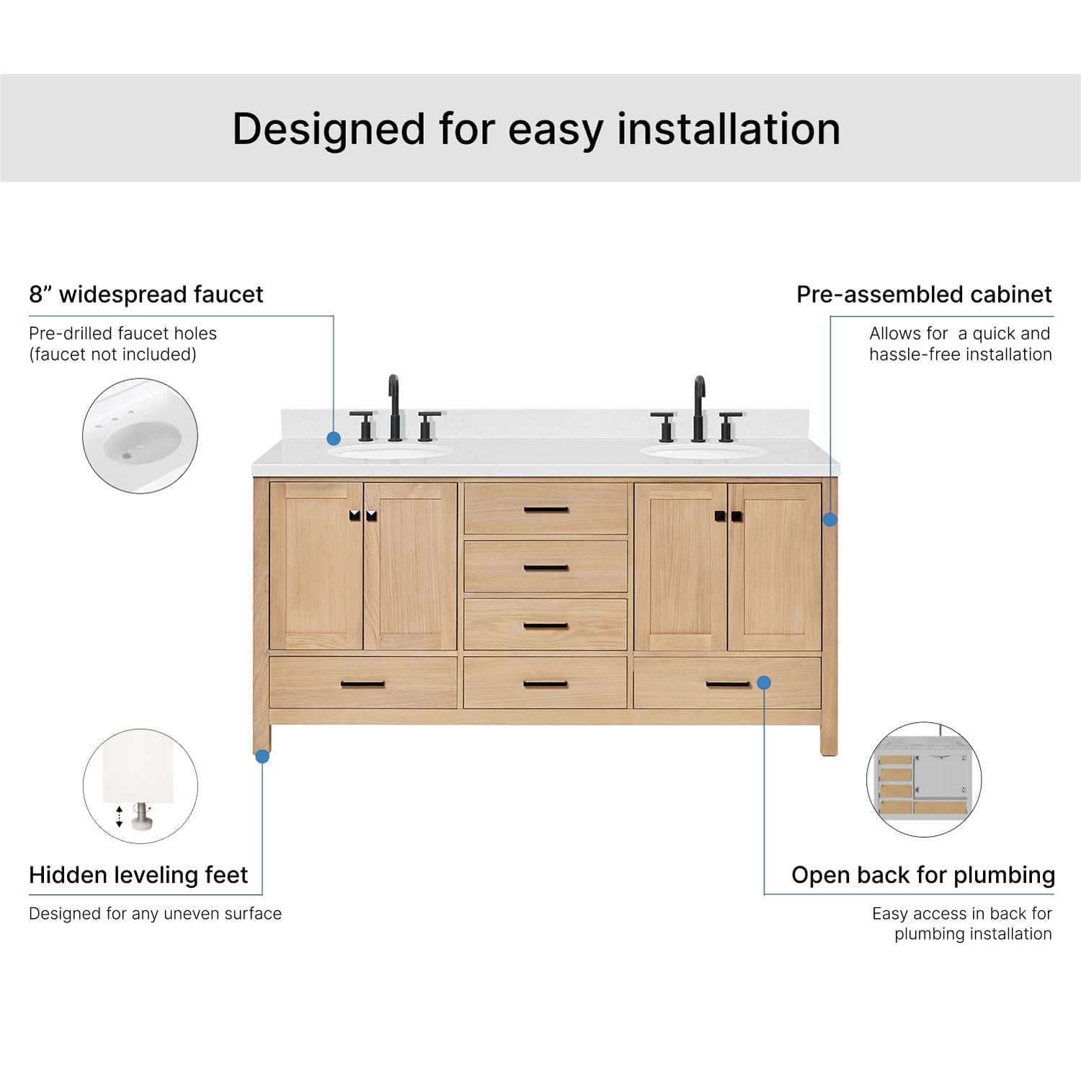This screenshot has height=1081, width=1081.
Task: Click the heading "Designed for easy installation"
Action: pos(536,129)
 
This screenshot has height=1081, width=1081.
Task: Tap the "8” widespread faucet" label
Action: pos(146,294)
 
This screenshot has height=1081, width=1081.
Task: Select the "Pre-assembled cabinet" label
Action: pos(923,294)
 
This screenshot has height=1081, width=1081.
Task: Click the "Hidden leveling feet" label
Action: pos(138,875)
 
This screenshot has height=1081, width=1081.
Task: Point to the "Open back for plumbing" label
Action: pos(922,875)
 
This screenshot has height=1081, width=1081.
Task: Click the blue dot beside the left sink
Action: pos(333,438)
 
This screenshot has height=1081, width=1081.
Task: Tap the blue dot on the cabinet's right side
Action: pos(829,519)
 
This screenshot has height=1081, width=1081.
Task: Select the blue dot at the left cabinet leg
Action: pos(262,756)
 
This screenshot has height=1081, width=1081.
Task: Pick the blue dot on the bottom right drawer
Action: pos(764,682)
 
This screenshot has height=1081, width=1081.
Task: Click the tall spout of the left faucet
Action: pos(393,407)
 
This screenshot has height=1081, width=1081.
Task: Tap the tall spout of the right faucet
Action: pos(698,407)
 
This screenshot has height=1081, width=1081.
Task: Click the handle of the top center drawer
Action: pos(546,510)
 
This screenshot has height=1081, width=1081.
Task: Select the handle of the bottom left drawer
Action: pos(362,684)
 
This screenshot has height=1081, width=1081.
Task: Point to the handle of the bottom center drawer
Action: pos(546,684)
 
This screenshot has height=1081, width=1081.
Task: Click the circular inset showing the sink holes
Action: pos(140,436)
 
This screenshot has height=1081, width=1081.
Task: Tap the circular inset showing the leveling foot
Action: pos(140,786)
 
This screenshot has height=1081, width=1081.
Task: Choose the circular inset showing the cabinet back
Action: pos(923,779)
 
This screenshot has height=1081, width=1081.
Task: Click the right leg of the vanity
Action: pos(829,739)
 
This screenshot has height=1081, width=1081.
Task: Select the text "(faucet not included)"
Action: pos(112,355)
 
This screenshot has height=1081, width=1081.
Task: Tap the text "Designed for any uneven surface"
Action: pos(155,914)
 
